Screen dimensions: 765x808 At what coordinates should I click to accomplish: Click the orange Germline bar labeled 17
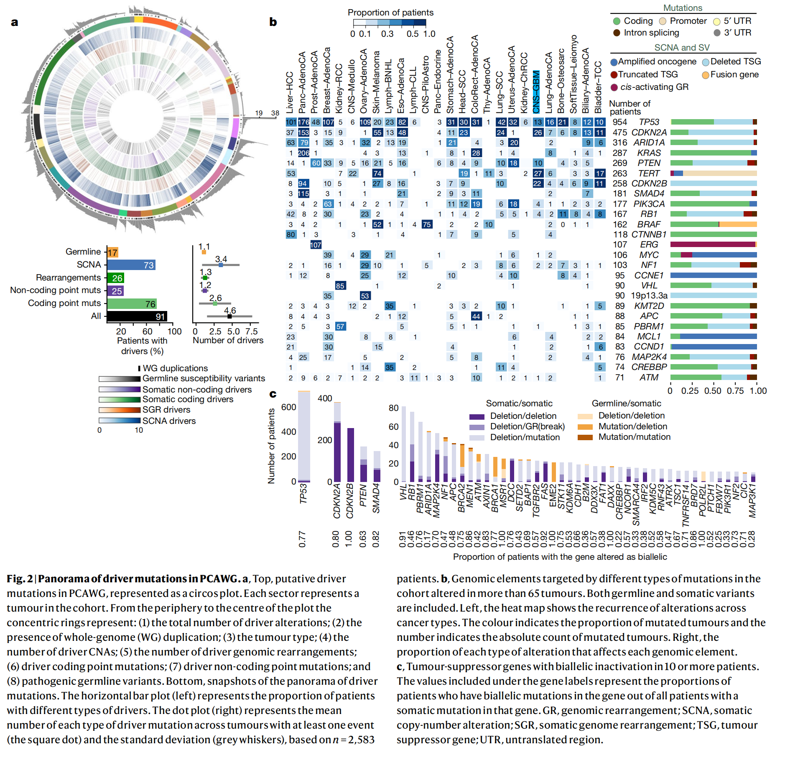point(113,252)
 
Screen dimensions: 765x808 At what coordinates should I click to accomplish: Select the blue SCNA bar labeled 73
point(131,265)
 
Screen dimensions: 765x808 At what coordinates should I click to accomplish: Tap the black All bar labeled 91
point(137,316)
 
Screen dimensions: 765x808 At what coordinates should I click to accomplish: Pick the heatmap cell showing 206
point(303,153)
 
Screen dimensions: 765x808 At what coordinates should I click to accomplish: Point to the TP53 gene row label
point(649,122)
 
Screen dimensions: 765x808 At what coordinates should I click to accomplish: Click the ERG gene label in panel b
point(649,245)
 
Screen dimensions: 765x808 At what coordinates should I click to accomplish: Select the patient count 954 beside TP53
point(619,122)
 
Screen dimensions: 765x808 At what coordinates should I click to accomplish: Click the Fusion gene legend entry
point(734,75)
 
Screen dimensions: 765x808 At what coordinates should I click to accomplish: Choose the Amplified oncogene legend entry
point(657,62)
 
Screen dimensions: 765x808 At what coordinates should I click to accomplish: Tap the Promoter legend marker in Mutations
point(663,21)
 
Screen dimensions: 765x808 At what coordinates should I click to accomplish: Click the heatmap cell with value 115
point(303,194)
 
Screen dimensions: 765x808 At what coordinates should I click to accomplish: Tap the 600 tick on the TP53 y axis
point(288,407)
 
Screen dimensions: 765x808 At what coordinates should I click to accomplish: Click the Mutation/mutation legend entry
point(634,437)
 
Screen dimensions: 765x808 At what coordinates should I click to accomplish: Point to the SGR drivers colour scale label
point(166,410)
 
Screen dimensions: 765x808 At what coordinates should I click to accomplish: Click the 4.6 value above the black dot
point(230,310)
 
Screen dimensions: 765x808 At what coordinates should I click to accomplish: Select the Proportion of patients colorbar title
point(390,13)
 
